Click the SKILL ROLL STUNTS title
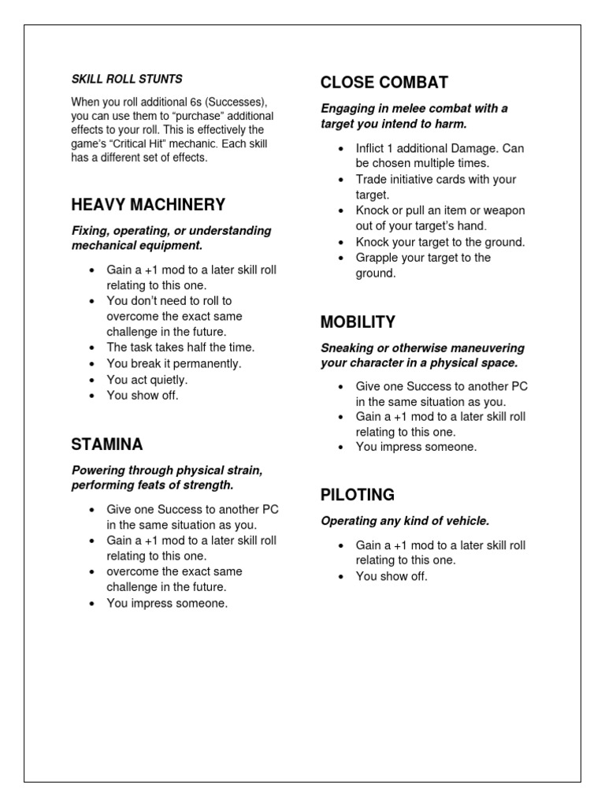(x=127, y=79)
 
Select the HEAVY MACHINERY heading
(x=148, y=205)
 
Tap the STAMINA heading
(x=107, y=444)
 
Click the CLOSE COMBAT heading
(x=384, y=82)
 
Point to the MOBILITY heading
(x=358, y=322)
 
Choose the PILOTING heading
(x=358, y=495)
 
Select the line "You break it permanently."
(x=174, y=363)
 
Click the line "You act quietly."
(x=147, y=380)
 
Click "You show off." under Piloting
(x=392, y=576)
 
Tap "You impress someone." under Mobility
(x=416, y=447)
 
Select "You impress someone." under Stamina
(x=167, y=603)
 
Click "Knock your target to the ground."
(x=440, y=242)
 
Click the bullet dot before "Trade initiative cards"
(x=340, y=180)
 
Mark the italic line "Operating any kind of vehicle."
(x=405, y=521)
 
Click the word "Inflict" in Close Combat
(x=373, y=148)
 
